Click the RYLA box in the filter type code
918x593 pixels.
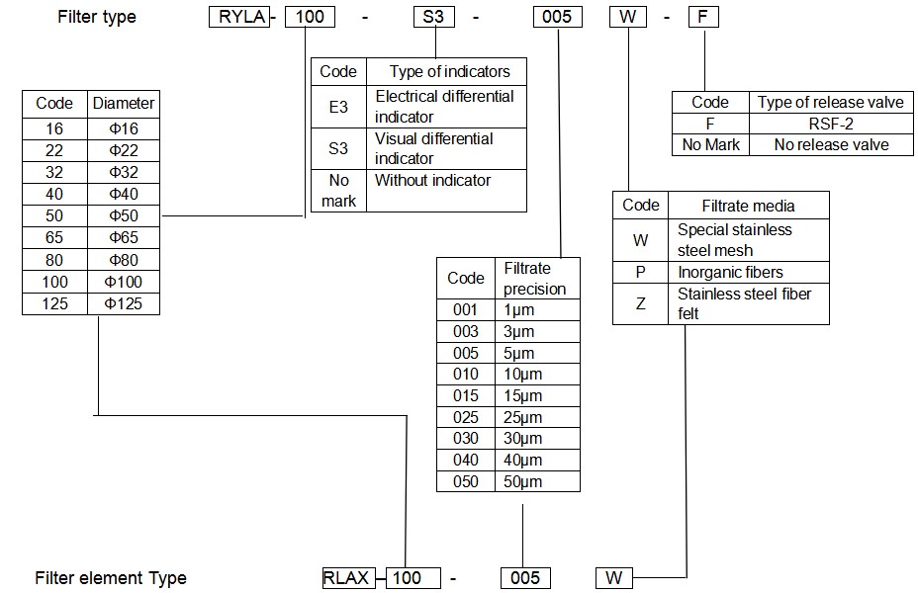[238, 17]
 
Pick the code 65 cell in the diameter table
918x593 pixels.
[54, 237]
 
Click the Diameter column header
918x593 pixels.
[124, 103]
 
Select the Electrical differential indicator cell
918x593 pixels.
[445, 106]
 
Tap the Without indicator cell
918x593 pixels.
[445, 190]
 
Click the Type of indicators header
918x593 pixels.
[449, 71]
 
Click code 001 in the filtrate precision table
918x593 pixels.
[465, 309]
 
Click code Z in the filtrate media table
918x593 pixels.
[640, 303]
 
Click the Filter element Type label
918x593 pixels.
[111, 578]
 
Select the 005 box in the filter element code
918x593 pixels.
[525, 578]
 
